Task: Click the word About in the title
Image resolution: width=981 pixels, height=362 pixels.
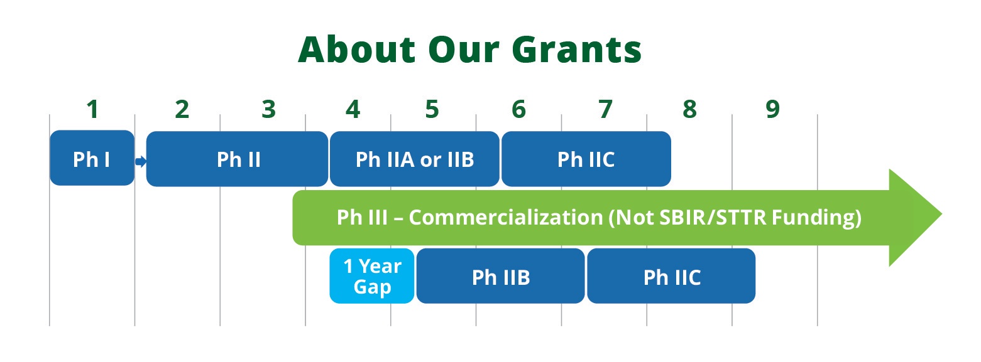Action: (356, 49)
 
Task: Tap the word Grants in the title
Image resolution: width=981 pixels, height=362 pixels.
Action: (577, 49)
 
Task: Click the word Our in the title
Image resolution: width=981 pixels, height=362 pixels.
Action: (464, 49)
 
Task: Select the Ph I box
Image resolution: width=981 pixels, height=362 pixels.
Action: (92, 158)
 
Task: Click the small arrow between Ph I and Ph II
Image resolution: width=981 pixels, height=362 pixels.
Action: (141, 162)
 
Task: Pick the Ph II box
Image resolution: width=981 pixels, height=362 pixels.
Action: (237, 159)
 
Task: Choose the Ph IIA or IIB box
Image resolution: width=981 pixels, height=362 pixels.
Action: (415, 159)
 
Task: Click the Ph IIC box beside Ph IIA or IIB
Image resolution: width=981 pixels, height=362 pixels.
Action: (586, 159)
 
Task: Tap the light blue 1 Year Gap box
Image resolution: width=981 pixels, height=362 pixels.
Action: (372, 276)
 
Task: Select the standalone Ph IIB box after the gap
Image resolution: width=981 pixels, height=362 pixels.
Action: (501, 276)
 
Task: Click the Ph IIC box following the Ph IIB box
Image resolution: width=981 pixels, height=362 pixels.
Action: (671, 276)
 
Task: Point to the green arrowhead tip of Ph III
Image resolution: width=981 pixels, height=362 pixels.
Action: (941, 214)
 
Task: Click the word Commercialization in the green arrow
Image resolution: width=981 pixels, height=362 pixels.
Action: (506, 217)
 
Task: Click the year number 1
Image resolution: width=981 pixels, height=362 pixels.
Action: (92, 109)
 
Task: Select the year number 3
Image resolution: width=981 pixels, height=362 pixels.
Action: (269, 109)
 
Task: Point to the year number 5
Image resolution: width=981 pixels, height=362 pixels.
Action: (432, 109)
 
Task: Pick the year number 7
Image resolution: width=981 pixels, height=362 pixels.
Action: (606, 109)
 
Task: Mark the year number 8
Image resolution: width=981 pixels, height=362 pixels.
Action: (690, 109)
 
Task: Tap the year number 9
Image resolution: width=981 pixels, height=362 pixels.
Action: (773, 109)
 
